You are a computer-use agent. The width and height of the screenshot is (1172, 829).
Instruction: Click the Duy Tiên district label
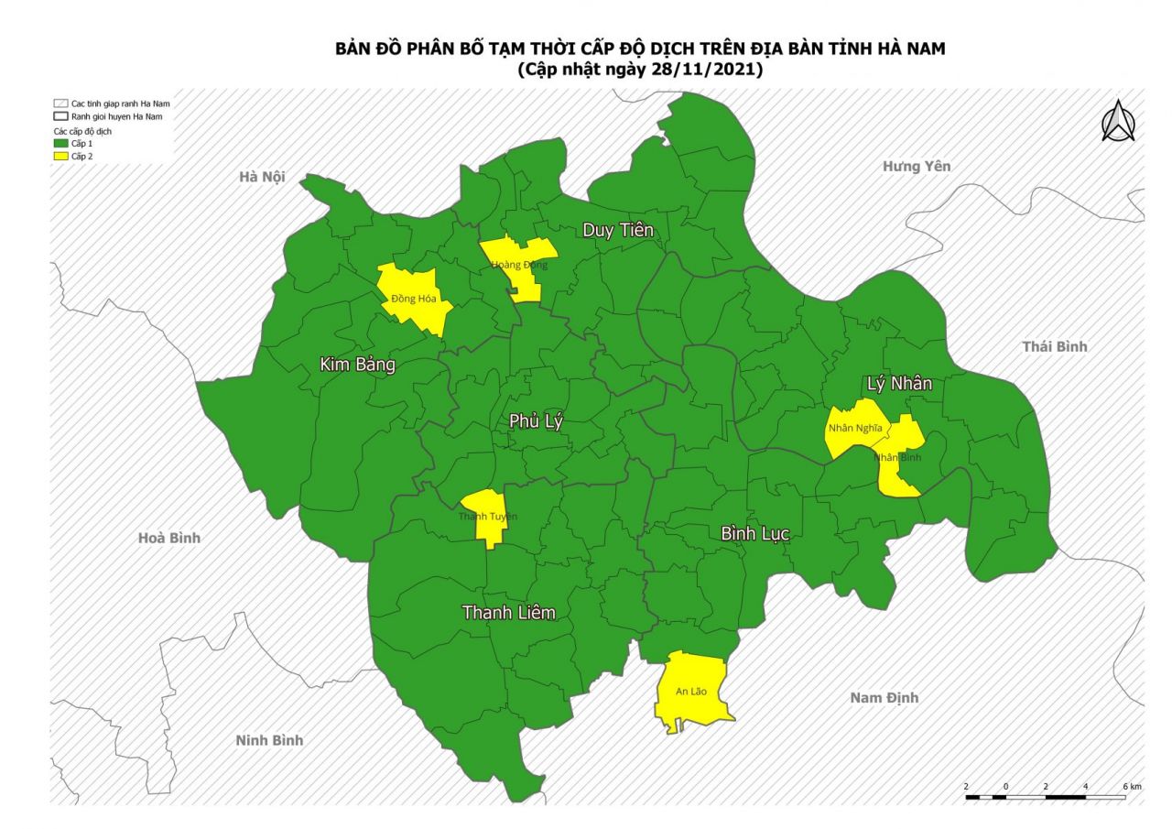point(618,230)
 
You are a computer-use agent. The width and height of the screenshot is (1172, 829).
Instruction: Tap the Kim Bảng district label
point(357,365)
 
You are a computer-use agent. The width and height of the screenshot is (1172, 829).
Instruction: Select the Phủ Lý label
point(537,420)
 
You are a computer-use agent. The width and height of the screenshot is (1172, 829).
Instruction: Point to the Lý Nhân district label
point(899,383)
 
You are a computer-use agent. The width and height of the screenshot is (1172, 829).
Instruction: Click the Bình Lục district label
point(754,533)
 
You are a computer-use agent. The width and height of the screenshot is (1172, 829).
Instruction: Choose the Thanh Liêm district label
point(508,612)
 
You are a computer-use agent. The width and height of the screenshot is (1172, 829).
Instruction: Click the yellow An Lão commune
point(692,691)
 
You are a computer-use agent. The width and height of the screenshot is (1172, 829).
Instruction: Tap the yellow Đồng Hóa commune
point(414,298)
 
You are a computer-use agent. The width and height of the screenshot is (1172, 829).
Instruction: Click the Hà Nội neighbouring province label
point(261,177)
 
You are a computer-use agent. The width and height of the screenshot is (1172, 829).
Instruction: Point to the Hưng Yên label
point(916,166)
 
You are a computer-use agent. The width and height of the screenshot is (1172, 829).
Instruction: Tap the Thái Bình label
point(1054,346)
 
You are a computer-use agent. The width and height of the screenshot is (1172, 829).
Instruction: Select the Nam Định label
point(884,698)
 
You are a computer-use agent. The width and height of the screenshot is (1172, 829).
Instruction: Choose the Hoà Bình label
point(168,538)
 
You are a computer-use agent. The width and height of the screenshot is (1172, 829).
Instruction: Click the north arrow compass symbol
point(1117,122)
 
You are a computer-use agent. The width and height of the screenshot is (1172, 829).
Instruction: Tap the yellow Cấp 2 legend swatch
point(60,157)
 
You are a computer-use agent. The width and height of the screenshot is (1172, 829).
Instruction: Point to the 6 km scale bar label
point(1132,787)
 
